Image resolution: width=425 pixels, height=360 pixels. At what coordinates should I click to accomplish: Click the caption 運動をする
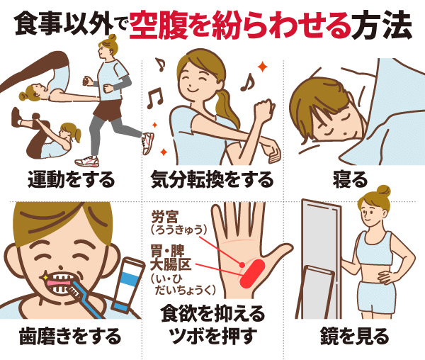click(72, 179)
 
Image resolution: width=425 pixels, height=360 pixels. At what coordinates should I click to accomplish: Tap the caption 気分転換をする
click(212, 179)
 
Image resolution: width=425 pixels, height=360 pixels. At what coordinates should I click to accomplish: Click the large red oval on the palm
click(250, 273)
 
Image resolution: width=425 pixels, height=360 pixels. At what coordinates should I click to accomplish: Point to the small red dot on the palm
click(244, 264)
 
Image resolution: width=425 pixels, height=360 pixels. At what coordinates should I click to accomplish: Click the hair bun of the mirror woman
click(383, 190)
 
